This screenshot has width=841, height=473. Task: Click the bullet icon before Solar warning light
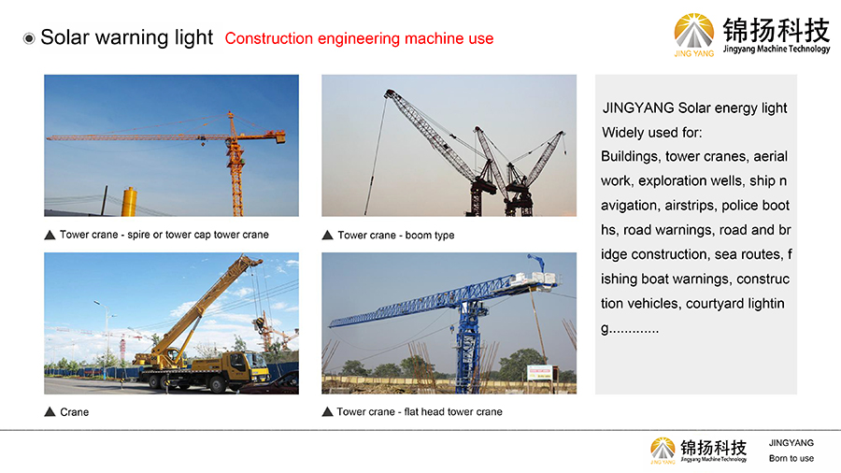coord(29,38)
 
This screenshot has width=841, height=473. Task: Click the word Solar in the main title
coord(64,37)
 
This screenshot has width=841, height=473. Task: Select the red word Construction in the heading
coord(269,38)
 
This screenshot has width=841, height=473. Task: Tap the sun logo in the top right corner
coord(694,32)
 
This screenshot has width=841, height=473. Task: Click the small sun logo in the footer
coord(663,449)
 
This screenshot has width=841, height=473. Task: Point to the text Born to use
coord(791,459)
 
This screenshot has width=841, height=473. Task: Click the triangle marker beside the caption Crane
coord(50,412)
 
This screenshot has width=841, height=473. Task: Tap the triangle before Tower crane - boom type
coord(328,235)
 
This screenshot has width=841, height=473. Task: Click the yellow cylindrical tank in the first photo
coord(129,202)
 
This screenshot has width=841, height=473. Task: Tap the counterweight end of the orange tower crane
coord(280,137)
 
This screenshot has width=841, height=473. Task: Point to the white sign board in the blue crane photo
coord(539,372)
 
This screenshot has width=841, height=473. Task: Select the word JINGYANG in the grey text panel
coord(638,107)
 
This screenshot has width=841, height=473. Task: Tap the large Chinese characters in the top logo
coord(777,30)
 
